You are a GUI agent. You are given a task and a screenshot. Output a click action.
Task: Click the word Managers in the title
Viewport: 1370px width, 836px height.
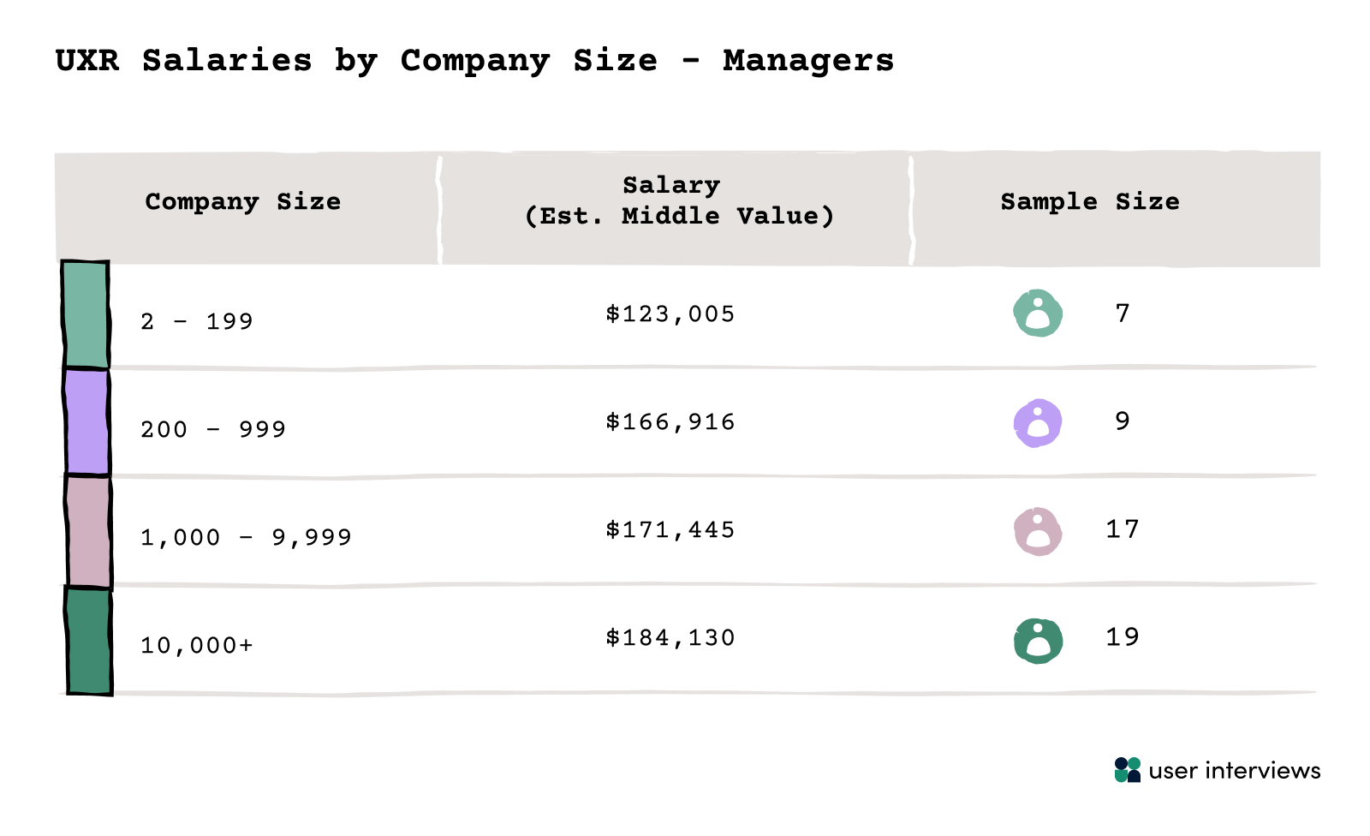point(807,61)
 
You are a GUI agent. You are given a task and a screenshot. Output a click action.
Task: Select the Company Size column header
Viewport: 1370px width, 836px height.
point(242,202)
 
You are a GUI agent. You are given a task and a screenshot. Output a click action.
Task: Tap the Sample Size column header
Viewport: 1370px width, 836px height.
point(1089,202)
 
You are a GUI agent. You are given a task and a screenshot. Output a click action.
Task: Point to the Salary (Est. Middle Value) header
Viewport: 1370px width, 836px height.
point(672,200)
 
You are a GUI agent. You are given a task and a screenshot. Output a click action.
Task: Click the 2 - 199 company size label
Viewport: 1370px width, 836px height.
point(197,322)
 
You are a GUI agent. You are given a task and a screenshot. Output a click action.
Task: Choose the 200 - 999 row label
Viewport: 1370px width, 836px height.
point(213,429)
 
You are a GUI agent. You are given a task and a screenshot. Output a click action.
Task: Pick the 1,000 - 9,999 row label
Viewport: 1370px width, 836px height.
point(246,537)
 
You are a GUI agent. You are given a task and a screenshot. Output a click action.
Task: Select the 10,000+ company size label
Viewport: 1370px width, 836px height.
point(197,645)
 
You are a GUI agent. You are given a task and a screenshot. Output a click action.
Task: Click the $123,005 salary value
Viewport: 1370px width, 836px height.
point(670,314)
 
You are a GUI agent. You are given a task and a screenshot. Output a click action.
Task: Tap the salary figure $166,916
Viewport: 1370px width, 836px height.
point(670,422)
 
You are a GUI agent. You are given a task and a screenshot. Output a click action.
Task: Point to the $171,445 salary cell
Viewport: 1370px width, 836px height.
point(670,530)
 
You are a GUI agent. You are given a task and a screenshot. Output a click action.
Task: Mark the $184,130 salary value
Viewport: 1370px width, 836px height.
point(670,638)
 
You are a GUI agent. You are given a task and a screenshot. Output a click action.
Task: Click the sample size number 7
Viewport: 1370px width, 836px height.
point(1123,313)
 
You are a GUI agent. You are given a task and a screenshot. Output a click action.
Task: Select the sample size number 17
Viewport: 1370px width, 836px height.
point(1123,529)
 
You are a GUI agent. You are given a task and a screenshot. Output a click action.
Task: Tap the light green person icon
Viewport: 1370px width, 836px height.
point(1038,313)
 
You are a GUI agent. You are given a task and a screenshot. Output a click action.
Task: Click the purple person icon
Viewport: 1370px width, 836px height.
point(1038,422)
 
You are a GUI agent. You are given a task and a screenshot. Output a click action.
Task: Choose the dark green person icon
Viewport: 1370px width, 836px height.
point(1038,641)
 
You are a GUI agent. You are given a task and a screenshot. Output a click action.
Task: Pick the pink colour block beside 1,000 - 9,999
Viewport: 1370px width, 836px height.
point(89,532)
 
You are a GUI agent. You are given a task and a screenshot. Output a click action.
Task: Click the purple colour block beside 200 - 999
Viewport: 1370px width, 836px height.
point(87,421)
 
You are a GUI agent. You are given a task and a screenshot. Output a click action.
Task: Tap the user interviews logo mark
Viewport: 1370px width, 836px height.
point(1128,770)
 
